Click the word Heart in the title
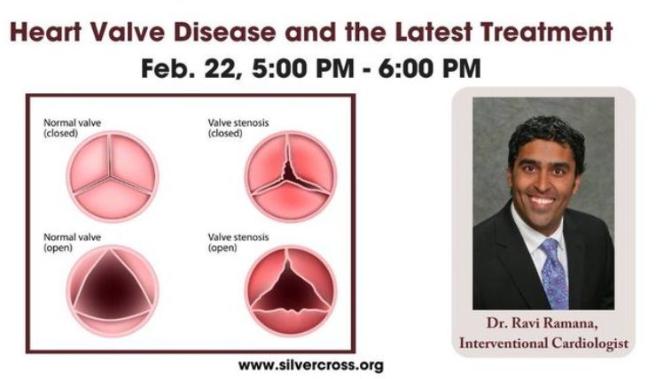(45, 32)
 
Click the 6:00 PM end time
(430, 68)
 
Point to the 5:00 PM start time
(303, 68)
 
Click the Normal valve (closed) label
(72, 128)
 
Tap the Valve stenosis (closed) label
(238, 128)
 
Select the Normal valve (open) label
(72, 243)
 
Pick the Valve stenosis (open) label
(238, 243)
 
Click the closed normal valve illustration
(112, 176)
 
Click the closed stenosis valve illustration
(291, 176)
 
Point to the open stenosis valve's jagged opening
(290, 289)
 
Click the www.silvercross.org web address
(311, 365)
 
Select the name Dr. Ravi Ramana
(543, 324)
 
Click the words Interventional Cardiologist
(544, 343)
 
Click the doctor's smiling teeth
(542, 201)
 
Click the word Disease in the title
(224, 32)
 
